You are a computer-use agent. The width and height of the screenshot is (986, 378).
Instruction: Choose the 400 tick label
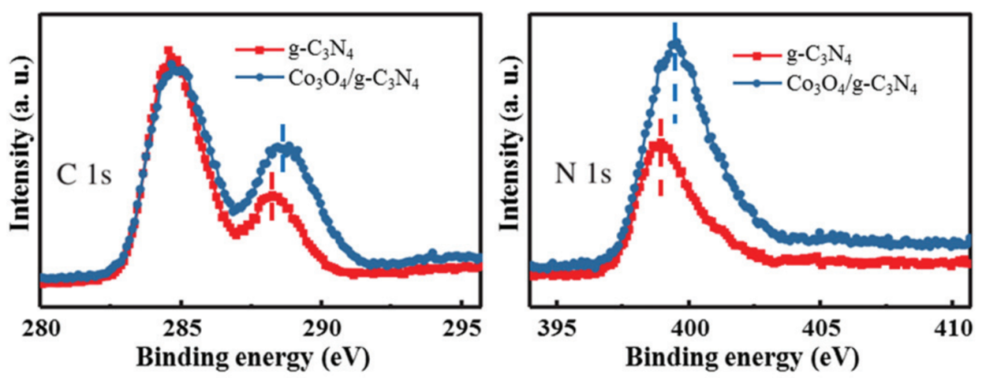tap(687, 325)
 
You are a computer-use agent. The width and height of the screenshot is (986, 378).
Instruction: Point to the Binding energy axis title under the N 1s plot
tap(752, 358)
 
